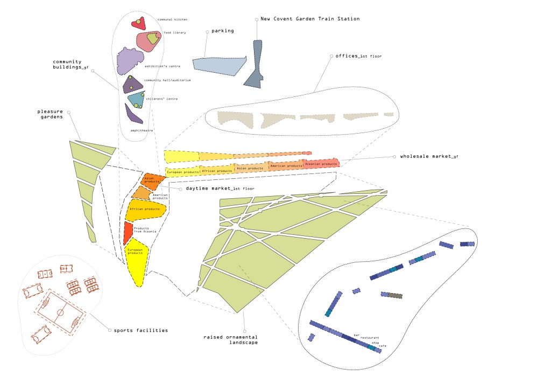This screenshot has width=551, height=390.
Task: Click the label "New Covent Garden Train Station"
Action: coord(309,19)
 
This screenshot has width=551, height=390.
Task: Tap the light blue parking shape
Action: coord(218,64)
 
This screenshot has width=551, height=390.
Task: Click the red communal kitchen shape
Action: coord(138,24)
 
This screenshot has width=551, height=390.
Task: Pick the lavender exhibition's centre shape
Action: coord(130,60)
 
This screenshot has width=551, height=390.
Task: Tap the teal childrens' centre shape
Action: coord(136,99)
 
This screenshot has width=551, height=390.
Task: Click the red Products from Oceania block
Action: coord(128,233)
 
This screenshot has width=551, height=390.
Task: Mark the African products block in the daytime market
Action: coord(144,210)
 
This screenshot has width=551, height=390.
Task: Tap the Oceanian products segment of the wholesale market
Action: coord(321,163)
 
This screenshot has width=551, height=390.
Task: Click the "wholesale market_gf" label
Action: coord(429,157)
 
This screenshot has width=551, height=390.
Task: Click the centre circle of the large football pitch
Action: coord(60,312)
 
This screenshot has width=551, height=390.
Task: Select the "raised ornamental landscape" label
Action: coord(230,339)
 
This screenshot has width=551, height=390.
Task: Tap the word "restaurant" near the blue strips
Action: coord(370,337)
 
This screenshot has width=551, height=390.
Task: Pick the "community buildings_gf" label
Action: coord(70,64)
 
